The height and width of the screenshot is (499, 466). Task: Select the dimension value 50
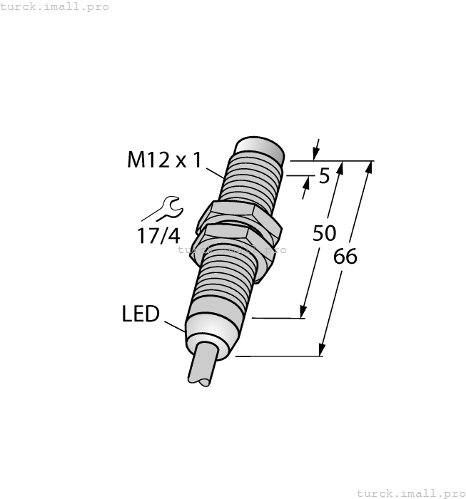tap(325, 233)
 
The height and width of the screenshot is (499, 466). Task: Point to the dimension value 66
tap(345, 257)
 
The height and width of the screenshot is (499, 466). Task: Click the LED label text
tap(141, 314)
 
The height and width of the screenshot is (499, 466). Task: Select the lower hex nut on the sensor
tap(235, 240)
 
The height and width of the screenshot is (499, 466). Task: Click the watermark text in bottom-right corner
tap(410, 493)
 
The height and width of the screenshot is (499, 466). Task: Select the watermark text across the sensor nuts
tap(232, 249)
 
